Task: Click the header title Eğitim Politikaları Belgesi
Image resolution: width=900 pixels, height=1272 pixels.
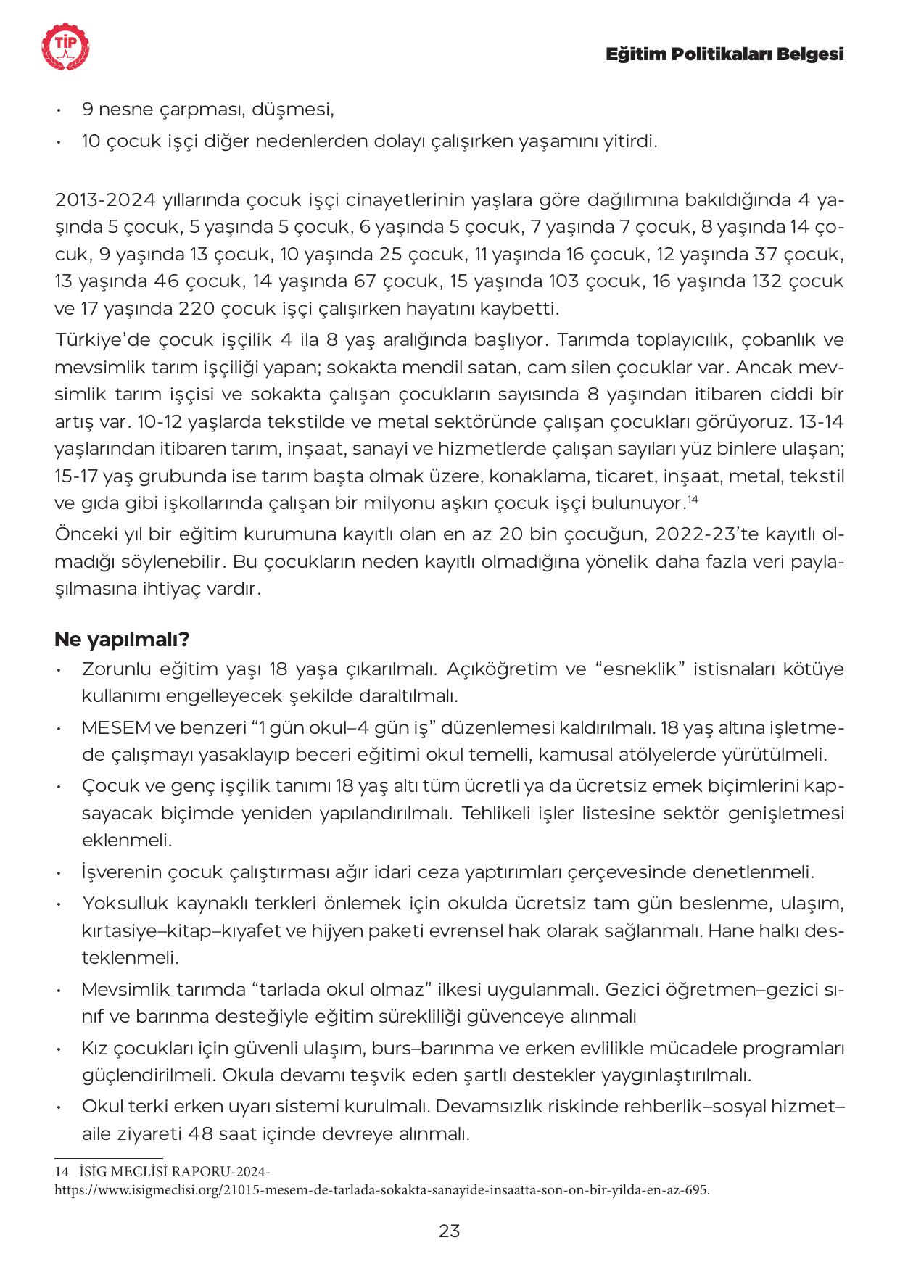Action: click(724, 55)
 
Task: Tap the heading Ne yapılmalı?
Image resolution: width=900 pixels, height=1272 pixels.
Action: click(122, 640)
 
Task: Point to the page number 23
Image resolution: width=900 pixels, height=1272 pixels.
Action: click(450, 1231)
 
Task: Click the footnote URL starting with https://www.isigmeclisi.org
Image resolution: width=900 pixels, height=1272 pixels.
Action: click(381, 1190)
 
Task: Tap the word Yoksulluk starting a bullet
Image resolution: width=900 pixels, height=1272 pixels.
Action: click(125, 904)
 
